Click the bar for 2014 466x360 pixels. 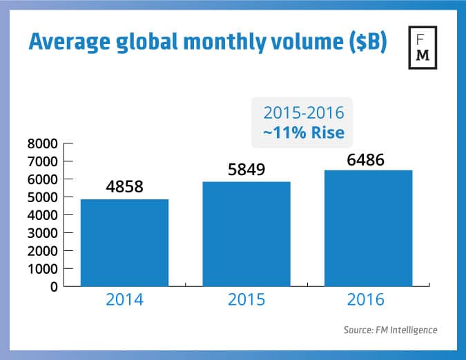(124, 242)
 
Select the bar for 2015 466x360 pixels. (246, 233)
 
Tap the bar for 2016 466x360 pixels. (368, 228)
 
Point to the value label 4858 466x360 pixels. (124, 187)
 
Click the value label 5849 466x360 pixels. (246, 170)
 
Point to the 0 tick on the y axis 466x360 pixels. (52, 286)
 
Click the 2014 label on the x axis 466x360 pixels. (124, 302)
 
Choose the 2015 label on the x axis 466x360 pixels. (246, 302)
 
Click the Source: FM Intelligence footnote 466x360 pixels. (390, 330)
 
